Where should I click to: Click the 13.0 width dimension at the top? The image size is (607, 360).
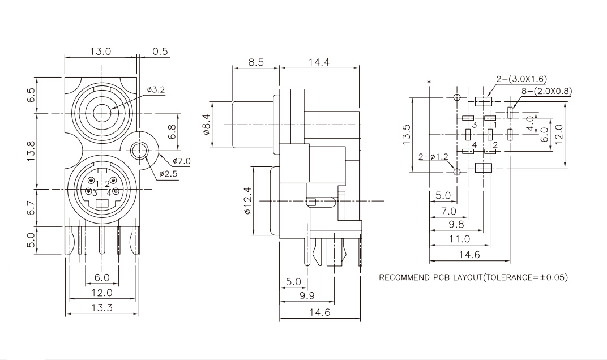click(100, 51)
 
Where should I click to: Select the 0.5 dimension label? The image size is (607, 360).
click(160, 51)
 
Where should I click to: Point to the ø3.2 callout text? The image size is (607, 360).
click(156, 90)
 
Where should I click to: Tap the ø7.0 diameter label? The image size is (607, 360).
click(182, 161)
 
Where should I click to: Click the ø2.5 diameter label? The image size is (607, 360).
click(168, 174)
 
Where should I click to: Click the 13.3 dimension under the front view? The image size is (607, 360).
click(102, 308)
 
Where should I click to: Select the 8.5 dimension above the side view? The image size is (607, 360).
click(255, 62)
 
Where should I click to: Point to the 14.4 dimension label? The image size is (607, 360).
click(319, 62)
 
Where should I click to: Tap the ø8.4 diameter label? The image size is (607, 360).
click(206, 124)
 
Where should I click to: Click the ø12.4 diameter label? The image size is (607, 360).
click(248, 200)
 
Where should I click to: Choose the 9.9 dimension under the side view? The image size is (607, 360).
click(306, 295)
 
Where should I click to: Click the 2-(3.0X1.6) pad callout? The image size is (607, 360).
click(521, 79)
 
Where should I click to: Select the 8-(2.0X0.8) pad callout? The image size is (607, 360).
click(546, 91)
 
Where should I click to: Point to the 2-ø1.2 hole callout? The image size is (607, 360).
click(433, 157)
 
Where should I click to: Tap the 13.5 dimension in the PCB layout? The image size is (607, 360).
click(406, 134)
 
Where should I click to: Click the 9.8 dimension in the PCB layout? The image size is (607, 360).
click(456, 225)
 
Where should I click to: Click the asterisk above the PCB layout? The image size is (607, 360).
click(429, 82)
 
